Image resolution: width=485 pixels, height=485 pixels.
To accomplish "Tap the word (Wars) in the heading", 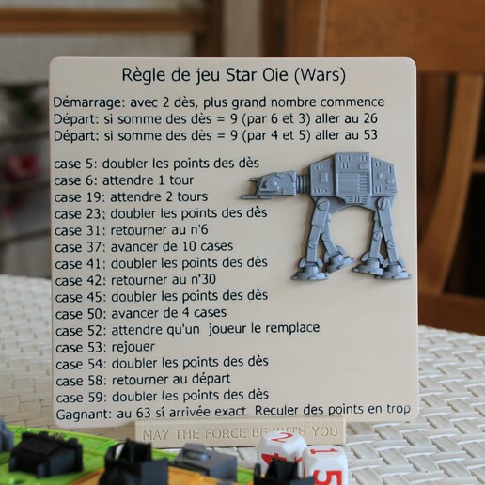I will pos(320,73).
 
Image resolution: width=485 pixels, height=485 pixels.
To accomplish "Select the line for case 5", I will pos(157,162).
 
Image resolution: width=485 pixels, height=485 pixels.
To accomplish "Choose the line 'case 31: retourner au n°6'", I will pos(150,229).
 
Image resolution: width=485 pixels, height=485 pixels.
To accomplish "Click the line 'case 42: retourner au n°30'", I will pos(153,279).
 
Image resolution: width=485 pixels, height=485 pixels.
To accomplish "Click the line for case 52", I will pos(187,328).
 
